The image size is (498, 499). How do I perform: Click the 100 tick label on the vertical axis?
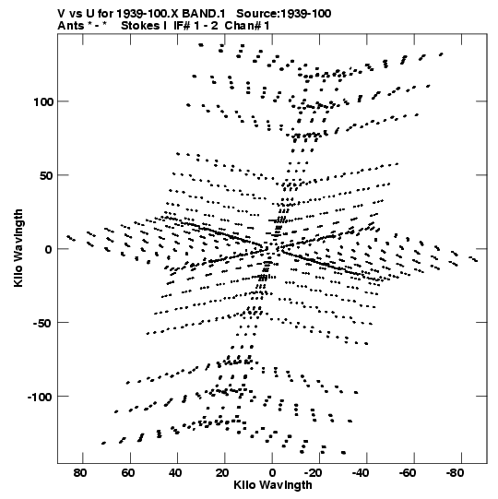point(45,101)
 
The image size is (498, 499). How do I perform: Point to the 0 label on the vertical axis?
point(48,249)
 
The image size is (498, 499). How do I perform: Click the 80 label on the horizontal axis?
point(80,473)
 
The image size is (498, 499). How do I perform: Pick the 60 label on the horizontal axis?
point(127,473)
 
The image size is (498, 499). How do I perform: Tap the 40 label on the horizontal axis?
point(174,473)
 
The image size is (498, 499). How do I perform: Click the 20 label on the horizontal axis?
point(222,473)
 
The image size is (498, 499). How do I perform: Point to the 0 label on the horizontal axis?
point(272,473)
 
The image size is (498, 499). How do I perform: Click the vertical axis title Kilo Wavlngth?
point(18,248)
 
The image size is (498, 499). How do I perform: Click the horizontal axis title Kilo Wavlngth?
point(273,485)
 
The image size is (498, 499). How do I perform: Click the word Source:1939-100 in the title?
point(284,14)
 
